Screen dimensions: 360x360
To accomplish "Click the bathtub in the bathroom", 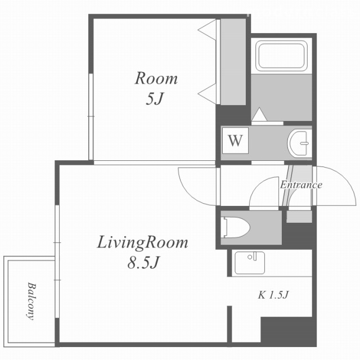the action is pyautogui.click(x=282, y=56).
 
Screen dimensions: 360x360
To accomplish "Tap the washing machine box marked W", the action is pyautogui.click(x=235, y=141).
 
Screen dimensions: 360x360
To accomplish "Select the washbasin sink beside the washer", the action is pyautogui.click(x=300, y=143).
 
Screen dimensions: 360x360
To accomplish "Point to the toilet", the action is pyautogui.click(x=235, y=227).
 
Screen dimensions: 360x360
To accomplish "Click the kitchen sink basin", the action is pyautogui.click(x=250, y=263).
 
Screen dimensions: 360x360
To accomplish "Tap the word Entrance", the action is pyautogui.click(x=301, y=185).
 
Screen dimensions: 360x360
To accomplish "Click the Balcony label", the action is pyautogui.click(x=31, y=301).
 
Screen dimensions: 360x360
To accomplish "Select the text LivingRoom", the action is pyautogui.click(x=142, y=242).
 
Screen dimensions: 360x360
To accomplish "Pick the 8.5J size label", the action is pyautogui.click(x=143, y=263).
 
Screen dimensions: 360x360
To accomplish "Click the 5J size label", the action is pyautogui.click(x=154, y=99).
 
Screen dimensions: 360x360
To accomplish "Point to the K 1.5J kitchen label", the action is pyautogui.click(x=273, y=295).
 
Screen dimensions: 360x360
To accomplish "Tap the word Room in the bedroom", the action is pyautogui.click(x=156, y=79).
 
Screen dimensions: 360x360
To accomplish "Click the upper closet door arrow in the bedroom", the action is pyautogui.click(x=207, y=30).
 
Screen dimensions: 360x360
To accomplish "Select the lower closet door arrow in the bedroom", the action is pyautogui.click(x=207, y=94).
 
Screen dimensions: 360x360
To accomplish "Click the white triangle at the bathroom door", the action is pyautogui.click(x=259, y=114).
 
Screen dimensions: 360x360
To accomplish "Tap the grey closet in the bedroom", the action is pyautogui.click(x=233, y=62).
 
